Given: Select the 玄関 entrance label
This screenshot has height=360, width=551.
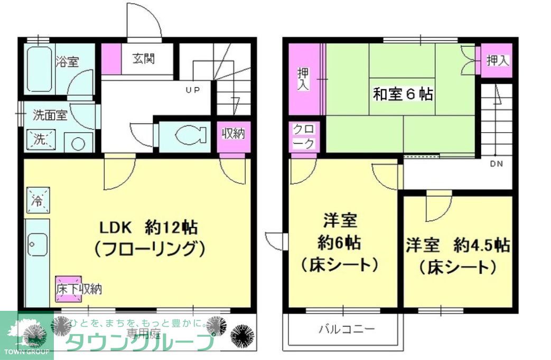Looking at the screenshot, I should (x=143, y=58).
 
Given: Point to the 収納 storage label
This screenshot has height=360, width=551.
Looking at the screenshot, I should (x=232, y=134).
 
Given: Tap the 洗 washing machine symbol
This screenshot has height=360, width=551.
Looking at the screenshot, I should (x=41, y=140).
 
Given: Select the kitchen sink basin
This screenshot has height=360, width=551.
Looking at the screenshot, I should (x=37, y=244).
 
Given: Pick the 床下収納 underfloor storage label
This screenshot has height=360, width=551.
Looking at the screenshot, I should (x=79, y=289).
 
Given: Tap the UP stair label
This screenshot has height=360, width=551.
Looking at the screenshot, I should (x=192, y=90).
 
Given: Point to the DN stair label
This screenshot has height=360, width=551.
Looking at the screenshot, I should (x=496, y=164).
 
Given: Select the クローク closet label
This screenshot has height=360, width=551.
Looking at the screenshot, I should (x=304, y=136).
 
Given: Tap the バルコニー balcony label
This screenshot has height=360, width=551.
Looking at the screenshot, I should (x=347, y=330).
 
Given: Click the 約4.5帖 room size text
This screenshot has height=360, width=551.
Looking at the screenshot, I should (x=481, y=246).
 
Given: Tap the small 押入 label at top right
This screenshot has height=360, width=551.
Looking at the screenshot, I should (x=497, y=60).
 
